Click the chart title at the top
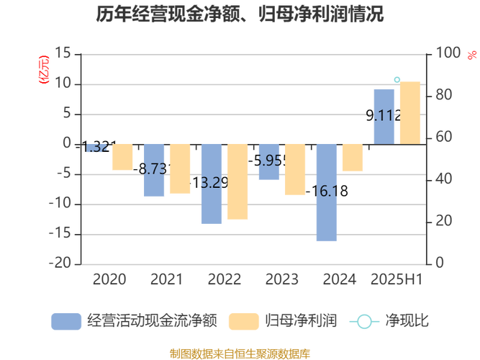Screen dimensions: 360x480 click(x=240, y=14)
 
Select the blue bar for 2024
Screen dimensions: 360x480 click(x=326, y=192)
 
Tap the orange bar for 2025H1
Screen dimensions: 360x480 click(x=410, y=112)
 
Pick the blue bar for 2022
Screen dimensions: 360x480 click(x=212, y=184)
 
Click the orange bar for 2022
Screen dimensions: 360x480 click(x=237, y=181)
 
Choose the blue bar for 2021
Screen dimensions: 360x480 click(x=154, y=171)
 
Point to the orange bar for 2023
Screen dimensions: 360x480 click(x=295, y=169)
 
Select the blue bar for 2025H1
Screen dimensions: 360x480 click(x=384, y=115)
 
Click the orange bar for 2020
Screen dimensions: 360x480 click(x=122, y=157)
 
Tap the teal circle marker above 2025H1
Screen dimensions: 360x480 click(x=397, y=79)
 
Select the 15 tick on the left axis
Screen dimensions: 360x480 click(x=63, y=53)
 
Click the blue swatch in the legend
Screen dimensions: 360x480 click(x=65, y=321)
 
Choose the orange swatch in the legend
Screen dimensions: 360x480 click(x=243, y=321)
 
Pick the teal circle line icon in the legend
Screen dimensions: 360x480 click(x=365, y=321)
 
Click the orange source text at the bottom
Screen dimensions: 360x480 click(x=240, y=353)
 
